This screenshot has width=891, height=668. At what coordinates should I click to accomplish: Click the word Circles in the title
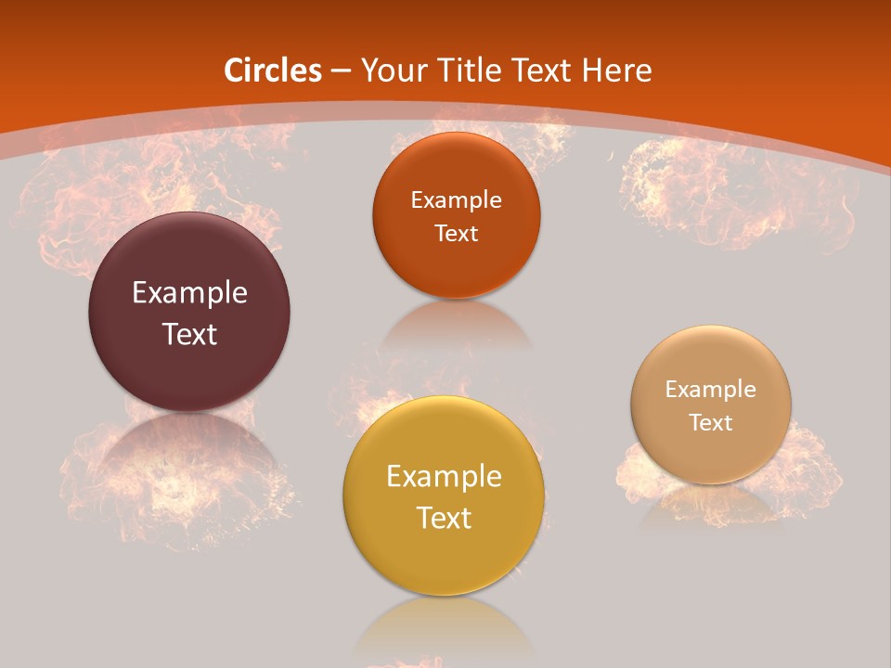tap(273, 71)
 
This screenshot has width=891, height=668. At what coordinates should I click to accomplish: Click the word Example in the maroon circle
tap(189, 293)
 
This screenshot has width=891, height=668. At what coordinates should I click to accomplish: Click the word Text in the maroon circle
tap(189, 334)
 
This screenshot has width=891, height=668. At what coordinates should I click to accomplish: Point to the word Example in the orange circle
tap(456, 199)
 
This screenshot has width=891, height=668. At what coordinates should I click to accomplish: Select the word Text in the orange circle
tap(456, 233)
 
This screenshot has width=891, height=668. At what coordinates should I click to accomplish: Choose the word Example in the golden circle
tap(444, 477)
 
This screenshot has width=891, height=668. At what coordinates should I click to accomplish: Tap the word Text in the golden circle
tap(444, 518)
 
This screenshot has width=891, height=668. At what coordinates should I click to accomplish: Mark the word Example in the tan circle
tap(711, 390)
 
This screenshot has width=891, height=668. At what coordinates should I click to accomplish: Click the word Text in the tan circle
tap(711, 423)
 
